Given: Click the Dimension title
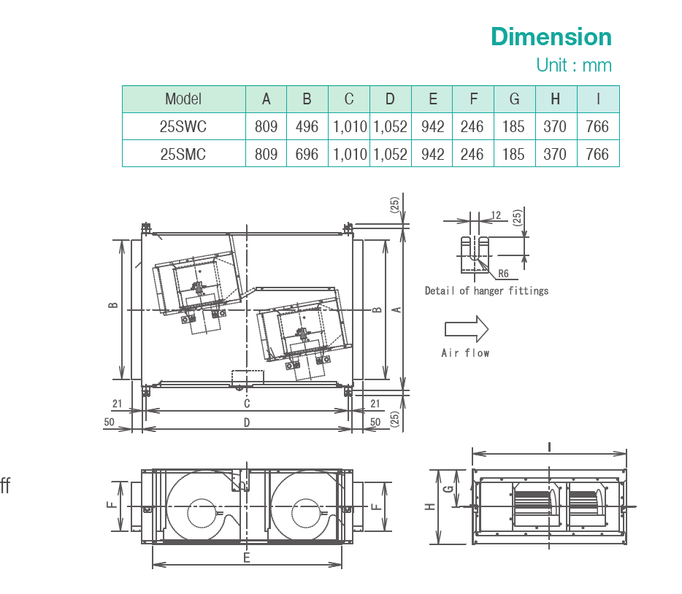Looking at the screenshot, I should click(x=551, y=36).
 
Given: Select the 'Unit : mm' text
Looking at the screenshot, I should click(x=573, y=65).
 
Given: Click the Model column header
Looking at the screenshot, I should click(x=183, y=99).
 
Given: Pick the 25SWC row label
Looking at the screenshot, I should click(x=183, y=127).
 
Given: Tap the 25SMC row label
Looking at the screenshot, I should click(x=183, y=154).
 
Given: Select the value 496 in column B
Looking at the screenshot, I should click(x=307, y=127).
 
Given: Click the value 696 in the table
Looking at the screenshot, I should click(x=307, y=154).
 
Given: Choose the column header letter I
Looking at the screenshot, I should click(x=597, y=99).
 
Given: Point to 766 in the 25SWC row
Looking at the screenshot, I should click(x=597, y=127).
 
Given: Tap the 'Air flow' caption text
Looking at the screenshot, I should click(x=465, y=353).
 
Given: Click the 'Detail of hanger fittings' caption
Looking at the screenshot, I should click(x=486, y=291).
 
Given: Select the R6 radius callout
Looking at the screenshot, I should click(x=503, y=274).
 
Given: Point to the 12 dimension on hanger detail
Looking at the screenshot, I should click(x=497, y=215).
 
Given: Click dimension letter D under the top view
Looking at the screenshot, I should click(x=247, y=423).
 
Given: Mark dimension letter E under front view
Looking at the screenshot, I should click(x=247, y=558).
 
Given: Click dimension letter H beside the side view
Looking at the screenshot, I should click(x=430, y=506).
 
